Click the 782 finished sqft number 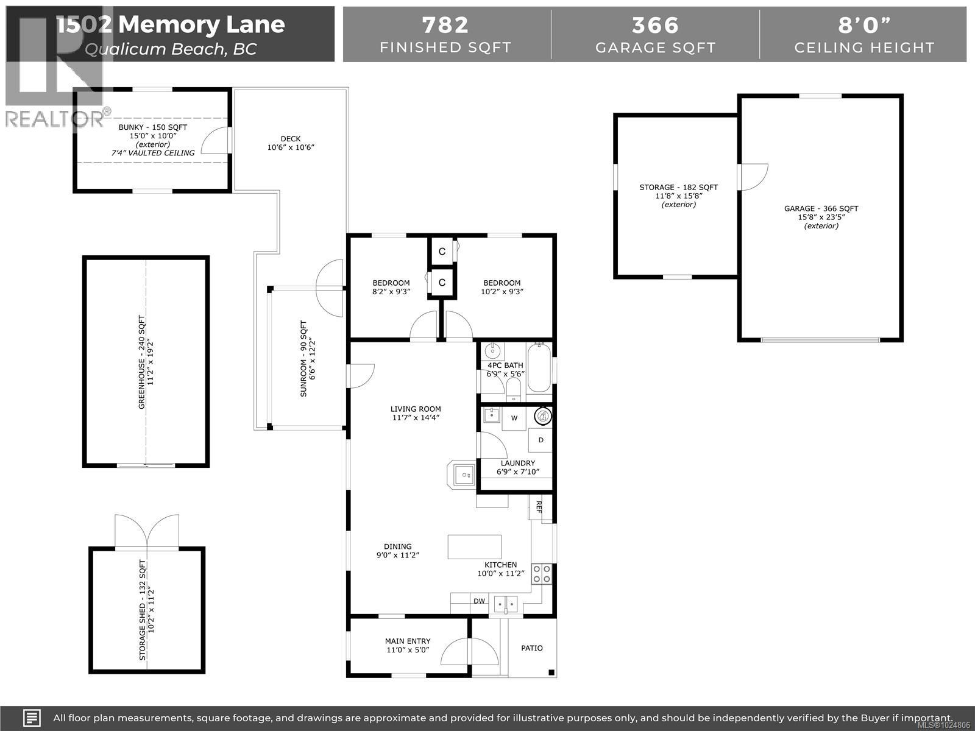445,25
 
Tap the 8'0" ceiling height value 863,25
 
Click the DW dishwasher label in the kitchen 480,601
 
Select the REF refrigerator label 539,507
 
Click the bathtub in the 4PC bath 539,367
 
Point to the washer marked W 514,418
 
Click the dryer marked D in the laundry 541,440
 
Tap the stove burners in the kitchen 542,573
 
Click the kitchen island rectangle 475,546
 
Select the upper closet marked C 442,252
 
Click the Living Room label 416,409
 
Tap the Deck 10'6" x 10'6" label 291,143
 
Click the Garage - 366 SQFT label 821,209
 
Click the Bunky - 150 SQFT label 152,127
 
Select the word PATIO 531,648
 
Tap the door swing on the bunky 215,141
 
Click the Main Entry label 408,641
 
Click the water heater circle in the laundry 542,417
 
